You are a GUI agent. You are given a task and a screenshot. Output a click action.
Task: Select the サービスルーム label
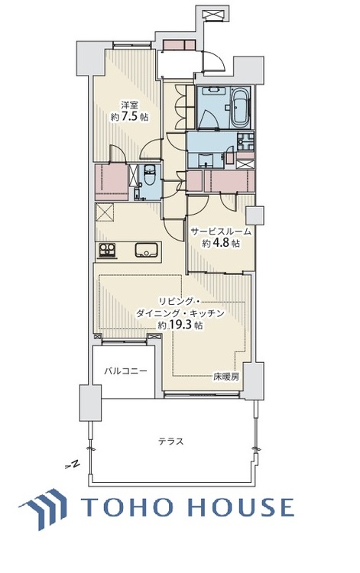tap(221, 231)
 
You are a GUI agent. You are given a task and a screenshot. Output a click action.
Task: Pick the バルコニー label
tap(125, 372)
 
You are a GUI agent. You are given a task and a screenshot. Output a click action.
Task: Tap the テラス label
tap(170, 441)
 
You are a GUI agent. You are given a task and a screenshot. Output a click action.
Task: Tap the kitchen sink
tap(145, 249)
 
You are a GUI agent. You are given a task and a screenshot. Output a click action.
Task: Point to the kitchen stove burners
tap(105, 249)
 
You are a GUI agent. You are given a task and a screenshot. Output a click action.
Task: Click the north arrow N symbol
tap(73, 465)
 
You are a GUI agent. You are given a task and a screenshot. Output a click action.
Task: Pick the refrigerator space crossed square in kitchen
tap(104, 213)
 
